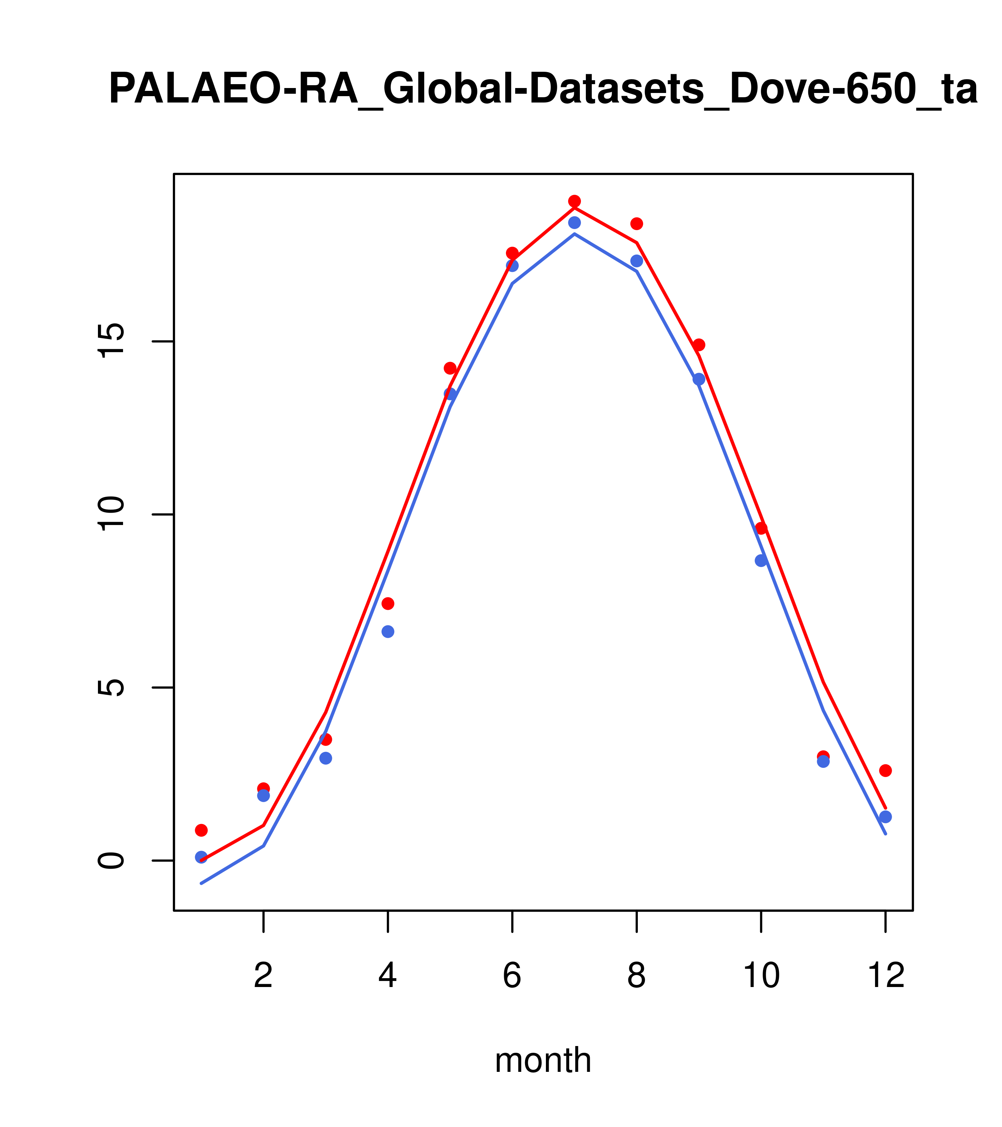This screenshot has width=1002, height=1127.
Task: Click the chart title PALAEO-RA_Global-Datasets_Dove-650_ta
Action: (543, 89)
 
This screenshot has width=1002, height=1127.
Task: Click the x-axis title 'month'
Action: (543, 1060)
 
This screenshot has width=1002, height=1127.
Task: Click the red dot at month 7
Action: (575, 201)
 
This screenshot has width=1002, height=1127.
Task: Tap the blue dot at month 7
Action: (575, 222)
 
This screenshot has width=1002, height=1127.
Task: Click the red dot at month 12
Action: (886, 770)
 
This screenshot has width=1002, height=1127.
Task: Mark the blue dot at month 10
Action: (761, 560)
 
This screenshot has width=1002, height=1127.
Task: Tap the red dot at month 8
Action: (636, 223)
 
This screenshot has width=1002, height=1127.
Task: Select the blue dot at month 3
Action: (326, 758)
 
